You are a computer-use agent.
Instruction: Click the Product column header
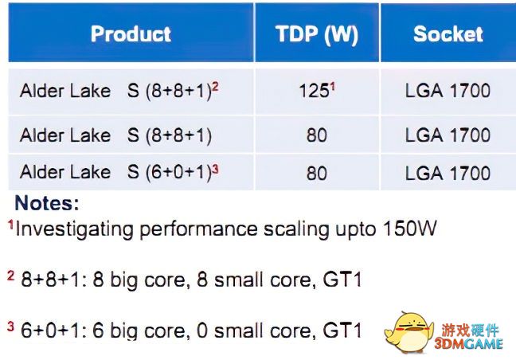click(x=131, y=33)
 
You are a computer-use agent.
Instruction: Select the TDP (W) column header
click(x=317, y=34)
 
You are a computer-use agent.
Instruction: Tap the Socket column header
click(x=448, y=33)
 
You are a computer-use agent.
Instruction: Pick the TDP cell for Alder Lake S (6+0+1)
click(x=317, y=173)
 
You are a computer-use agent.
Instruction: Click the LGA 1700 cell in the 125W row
click(x=448, y=91)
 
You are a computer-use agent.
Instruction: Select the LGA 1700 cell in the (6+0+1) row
click(x=448, y=173)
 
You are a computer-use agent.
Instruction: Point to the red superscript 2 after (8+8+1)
click(x=215, y=87)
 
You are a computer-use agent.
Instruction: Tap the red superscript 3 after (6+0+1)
click(x=215, y=169)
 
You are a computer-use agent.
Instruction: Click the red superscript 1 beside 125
click(x=332, y=87)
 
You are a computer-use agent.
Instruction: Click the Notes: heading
click(x=47, y=203)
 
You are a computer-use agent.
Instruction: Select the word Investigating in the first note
click(x=74, y=229)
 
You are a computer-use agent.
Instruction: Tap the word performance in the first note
click(x=198, y=229)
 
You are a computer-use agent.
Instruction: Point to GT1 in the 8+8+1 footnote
click(x=342, y=280)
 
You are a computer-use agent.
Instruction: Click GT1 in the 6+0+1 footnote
click(x=342, y=330)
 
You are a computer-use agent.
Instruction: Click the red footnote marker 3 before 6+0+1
click(x=11, y=327)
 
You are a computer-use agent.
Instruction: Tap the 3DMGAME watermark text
click(x=468, y=344)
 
